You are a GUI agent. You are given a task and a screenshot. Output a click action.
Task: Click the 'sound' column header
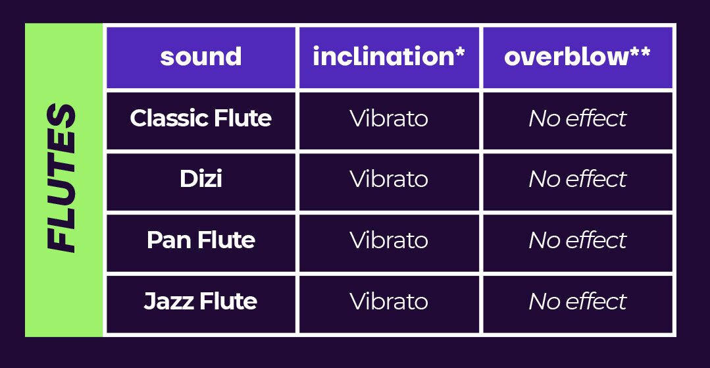(201, 57)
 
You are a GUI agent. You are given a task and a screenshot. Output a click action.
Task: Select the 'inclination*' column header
(389, 57)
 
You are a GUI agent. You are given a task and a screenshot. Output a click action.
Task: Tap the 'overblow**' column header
(577, 57)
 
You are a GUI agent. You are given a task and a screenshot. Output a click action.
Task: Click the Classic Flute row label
(201, 118)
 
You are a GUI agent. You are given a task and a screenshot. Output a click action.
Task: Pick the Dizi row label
(201, 180)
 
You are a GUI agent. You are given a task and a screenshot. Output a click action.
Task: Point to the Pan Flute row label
(201, 240)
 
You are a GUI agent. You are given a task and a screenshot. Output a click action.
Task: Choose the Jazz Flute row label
(201, 302)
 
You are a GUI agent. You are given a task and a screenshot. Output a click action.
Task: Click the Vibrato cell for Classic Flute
(389, 118)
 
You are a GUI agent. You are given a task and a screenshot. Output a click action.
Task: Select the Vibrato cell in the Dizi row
(389, 180)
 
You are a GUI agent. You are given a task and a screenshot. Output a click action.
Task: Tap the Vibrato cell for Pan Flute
(389, 241)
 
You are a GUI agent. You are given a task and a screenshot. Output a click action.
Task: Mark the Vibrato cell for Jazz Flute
(389, 302)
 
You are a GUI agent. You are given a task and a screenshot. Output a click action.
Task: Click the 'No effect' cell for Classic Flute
(577, 118)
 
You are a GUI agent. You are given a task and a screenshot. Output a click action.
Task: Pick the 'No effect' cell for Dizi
(577, 180)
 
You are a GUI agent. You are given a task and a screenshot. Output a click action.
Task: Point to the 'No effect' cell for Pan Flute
(577, 241)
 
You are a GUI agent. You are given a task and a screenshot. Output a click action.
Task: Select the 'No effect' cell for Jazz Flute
(577, 302)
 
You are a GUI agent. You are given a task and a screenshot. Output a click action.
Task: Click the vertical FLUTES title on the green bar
(61, 178)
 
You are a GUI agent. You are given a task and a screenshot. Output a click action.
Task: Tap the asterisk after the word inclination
(460, 51)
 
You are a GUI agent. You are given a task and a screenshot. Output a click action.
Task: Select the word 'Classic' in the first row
(168, 118)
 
